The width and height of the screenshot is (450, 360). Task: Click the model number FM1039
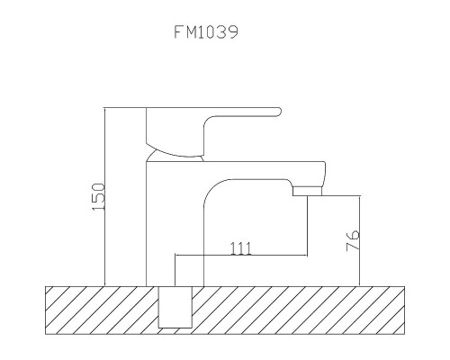tap(206, 32)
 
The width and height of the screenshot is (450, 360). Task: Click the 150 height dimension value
tap(99, 196)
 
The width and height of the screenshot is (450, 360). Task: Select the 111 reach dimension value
tap(240, 248)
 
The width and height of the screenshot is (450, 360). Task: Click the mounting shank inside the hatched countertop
tap(176, 307)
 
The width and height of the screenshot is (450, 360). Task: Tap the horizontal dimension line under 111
tap(240, 256)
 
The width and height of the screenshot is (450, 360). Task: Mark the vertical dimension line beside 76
tap(361, 239)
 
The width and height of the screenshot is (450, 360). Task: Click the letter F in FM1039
tap(178, 32)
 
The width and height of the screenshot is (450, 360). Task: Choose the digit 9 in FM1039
tap(233, 32)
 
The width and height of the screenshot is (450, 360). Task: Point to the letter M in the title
tap(191, 32)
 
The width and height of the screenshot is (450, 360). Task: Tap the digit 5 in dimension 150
tap(99, 196)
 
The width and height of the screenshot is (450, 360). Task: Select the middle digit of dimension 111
tap(240, 248)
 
